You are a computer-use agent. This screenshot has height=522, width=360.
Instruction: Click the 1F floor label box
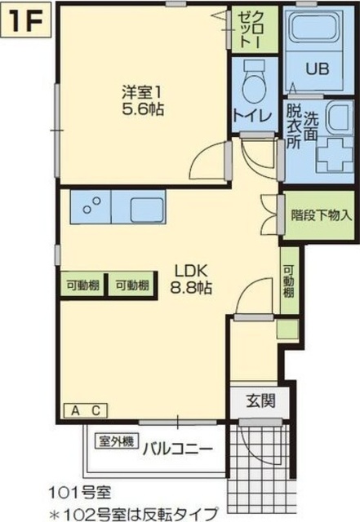(x=26, y=20)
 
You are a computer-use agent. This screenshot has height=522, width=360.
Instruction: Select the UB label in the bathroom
(x=318, y=69)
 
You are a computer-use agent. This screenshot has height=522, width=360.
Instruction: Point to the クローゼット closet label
(x=254, y=29)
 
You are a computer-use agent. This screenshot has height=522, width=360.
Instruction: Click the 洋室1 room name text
(x=142, y=92)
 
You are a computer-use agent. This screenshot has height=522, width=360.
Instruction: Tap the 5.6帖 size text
(x=143, y=108)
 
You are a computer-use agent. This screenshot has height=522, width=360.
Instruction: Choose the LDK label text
(x=192, y=271)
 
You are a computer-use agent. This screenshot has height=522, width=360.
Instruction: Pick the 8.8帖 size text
(x=191, y=288)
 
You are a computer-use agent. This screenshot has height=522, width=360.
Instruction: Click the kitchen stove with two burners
(x=91, y=206)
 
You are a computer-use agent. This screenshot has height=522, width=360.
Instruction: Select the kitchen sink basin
(x=147, y=210)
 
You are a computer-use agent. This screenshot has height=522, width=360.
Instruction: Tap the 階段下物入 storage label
(x=322, y=215)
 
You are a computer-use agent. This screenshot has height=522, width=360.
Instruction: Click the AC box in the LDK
(x=86, y=410)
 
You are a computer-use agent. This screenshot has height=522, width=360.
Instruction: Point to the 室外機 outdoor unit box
(x=117, y=442)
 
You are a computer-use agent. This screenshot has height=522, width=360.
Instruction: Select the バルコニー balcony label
(x=178, y=450)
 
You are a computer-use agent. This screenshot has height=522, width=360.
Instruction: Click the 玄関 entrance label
(x=261, y=400)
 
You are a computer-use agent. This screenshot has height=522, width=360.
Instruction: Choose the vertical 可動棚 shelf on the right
(x=289, y=281)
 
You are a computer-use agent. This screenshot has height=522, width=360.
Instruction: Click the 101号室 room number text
(x=80, y=493)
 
